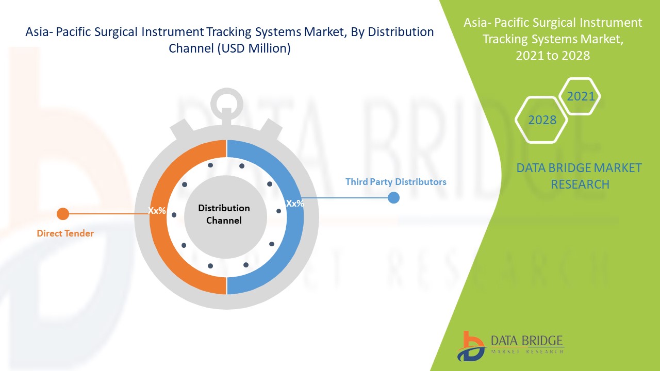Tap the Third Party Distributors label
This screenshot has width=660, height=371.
coord(395,182)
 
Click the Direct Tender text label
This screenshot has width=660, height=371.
coord(65,233)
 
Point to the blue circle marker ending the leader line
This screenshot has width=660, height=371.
coord(393,197)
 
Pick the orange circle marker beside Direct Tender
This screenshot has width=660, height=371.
coord(63,213)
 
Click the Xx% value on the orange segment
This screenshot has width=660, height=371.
coord(157,211)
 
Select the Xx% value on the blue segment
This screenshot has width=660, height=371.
coord(295,204)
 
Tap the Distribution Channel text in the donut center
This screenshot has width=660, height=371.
coord(224,214)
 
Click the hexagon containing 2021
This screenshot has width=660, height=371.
coord(581,96)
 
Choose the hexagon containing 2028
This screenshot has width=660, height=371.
coord(542,120)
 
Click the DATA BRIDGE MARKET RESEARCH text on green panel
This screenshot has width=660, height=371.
coord(580,176)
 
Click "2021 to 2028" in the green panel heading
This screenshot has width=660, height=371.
coord(553,56)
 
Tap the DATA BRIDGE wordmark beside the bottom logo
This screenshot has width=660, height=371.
coord(527,341)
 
